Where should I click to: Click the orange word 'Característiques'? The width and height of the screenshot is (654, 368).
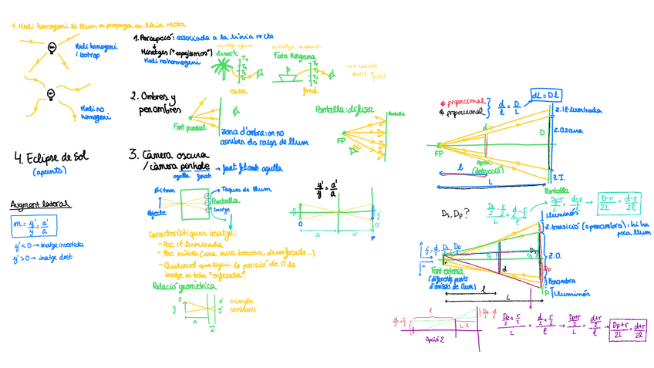tap(174, 233)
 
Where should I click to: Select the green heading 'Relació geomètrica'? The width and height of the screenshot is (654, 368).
tap(177, 286)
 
